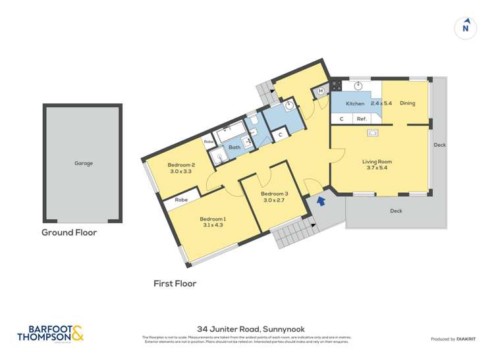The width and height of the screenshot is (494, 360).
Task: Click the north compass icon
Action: (x=466, y=28)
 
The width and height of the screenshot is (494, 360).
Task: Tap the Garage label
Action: (x=83, y=163)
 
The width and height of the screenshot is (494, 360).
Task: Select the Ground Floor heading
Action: (x=69, y=232)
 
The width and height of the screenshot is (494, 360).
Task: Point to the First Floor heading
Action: (x=175, y=284)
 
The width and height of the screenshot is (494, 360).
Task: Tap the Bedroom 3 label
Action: (x=275, y=193)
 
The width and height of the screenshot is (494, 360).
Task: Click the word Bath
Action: (x=234, y=147)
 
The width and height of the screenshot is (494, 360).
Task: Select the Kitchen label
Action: (x=355, y=104)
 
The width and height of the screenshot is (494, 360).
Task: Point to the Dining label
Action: (x=407, y=103)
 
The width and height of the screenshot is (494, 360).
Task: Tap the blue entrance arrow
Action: (x=321, y=201)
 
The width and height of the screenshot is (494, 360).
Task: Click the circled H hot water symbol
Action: (x=321, y=91)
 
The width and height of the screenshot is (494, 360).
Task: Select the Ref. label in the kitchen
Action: (x=361, y=119)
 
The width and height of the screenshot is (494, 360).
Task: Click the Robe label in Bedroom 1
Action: (x=182, y=200)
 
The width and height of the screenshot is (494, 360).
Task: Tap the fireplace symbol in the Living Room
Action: (x=373, y=132)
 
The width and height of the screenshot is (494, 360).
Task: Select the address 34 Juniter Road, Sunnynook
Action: (x=246, y=329)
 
